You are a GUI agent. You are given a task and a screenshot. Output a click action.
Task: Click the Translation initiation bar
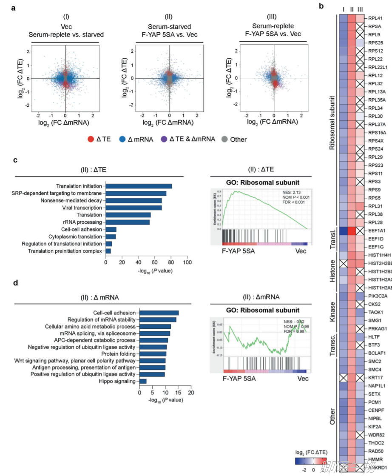[139, 186]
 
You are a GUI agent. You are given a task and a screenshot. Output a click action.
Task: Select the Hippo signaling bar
[143, 381]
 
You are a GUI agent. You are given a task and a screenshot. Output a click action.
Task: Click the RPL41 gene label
[376, 19]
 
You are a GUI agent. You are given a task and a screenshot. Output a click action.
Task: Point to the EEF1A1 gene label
[378, 231]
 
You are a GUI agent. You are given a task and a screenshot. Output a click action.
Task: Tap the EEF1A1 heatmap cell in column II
[352, 231]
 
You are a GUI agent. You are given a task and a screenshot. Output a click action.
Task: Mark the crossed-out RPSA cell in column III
[360, 27]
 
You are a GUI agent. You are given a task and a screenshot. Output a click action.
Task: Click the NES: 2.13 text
[291, 192]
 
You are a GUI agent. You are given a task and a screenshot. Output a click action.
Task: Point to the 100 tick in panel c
[186, 263]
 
